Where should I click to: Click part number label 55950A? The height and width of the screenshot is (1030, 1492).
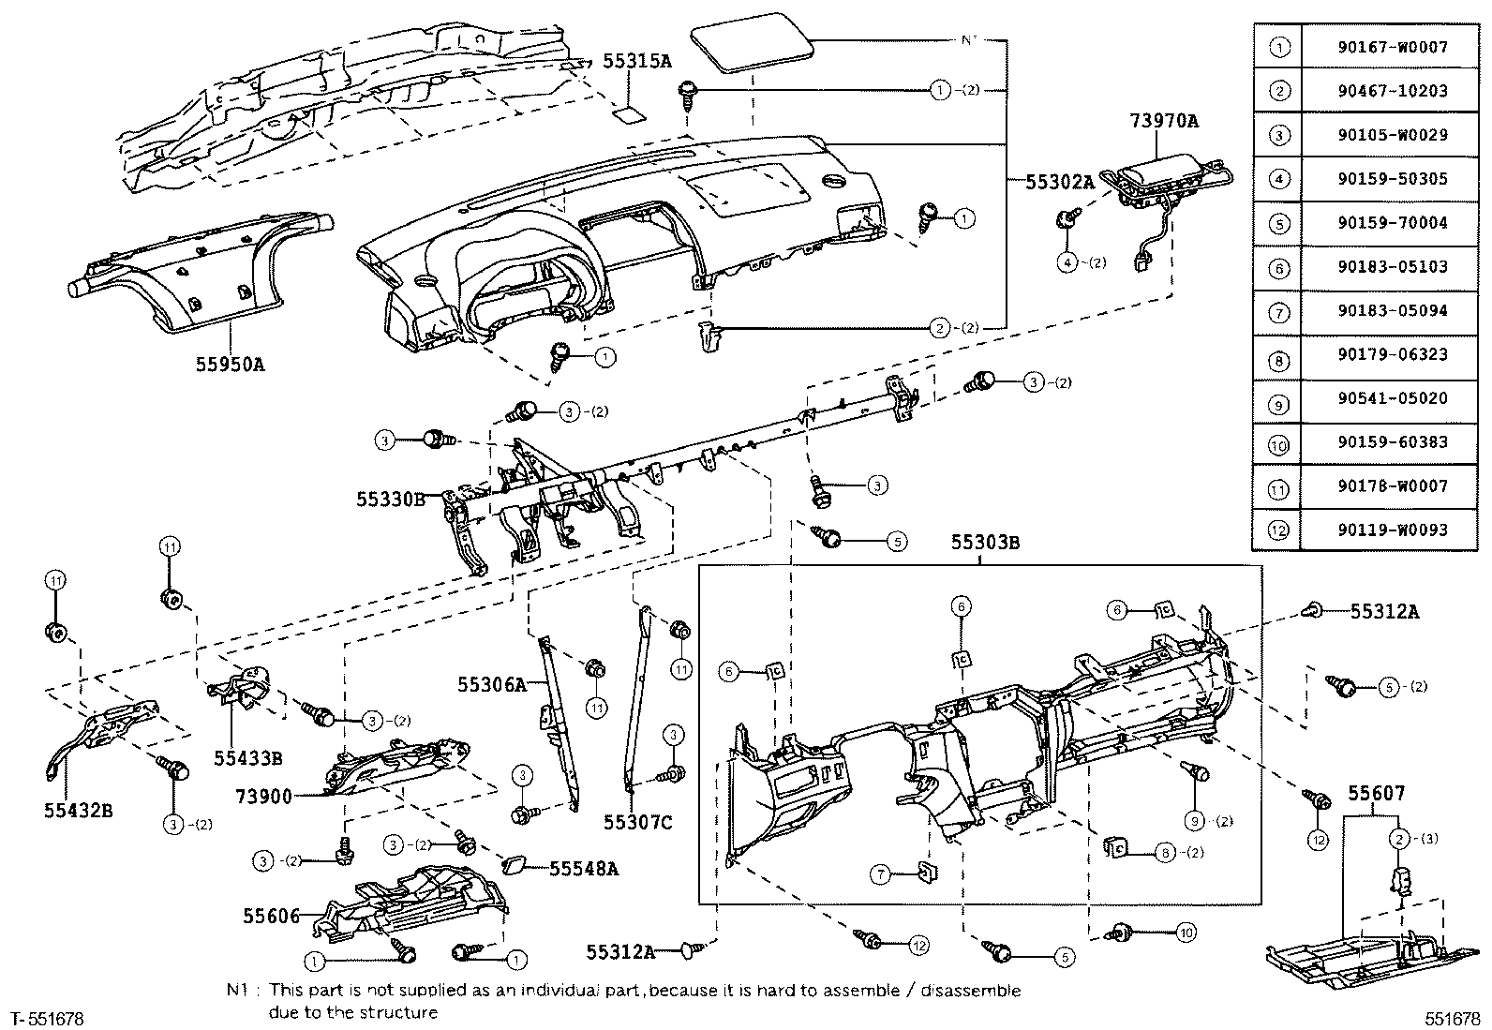point(230,365)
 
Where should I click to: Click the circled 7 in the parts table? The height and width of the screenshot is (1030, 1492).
point(1279,311)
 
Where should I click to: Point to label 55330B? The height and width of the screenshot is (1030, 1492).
point(390,500)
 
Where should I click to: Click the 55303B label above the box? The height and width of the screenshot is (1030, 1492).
point(985,543)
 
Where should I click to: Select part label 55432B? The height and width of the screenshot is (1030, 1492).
point(78,810)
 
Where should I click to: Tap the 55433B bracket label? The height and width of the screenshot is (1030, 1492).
point(247,756)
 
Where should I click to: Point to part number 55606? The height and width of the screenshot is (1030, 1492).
point(271,916)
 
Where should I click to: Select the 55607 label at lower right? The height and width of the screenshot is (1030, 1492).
point(1377,794)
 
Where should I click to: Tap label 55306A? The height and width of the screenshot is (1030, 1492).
point(492,685)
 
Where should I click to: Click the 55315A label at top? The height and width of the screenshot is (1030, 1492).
point(636,62)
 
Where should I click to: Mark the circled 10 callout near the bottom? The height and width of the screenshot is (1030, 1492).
point(1185,933)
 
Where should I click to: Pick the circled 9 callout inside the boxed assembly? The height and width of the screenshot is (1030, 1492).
point(1194,821)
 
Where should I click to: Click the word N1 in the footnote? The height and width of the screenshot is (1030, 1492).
point(236,990)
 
